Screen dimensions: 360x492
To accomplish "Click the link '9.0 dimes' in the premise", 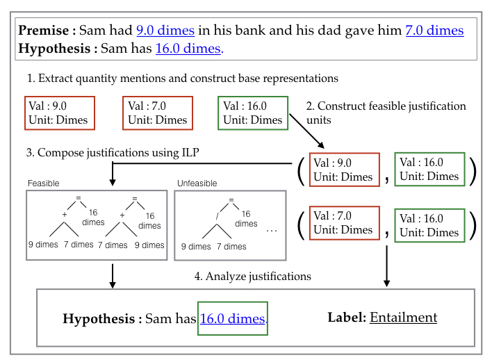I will [x=166, y=31].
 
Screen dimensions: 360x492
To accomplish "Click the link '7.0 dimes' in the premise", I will [x=434, y=31].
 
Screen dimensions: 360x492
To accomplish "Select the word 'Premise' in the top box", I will [x=42, y=31].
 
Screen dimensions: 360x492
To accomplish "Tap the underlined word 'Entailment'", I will [x=403, y=318].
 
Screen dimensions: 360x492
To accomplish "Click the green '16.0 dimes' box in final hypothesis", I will [x=233, y=319].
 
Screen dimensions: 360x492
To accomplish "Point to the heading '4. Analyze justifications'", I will [x=252, y=277].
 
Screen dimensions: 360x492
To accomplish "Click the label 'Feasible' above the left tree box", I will [x=43, y=183].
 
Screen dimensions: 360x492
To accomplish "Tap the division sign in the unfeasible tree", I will [x=217, y=215].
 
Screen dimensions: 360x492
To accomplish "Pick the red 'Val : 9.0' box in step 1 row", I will [x=58, y=113].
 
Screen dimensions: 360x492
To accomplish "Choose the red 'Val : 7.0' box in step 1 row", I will [x=158, y=113].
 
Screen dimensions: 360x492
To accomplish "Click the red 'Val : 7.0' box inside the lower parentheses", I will [x=343, y=222].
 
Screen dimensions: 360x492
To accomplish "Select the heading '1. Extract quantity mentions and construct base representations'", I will [x=183, y=79].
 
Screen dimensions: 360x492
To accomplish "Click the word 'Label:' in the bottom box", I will [x=346, y=318].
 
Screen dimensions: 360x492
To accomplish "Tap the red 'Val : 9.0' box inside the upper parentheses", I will [x=343, y=169].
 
